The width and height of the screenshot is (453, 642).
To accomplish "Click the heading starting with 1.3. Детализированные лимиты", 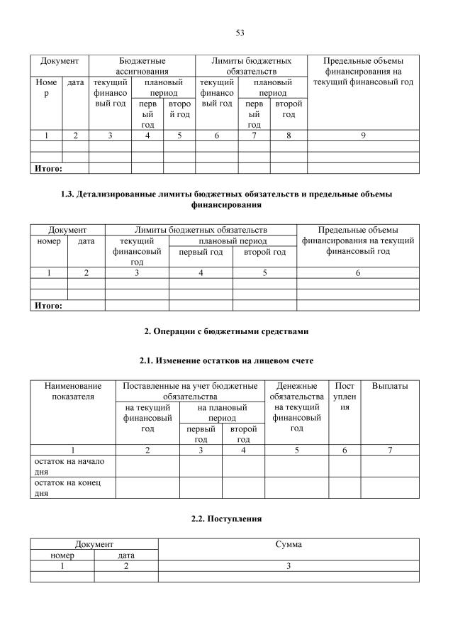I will point(227,199).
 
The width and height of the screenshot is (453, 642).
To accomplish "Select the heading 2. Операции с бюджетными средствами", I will point(227,331).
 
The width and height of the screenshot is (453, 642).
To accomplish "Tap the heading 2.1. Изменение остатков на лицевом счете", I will point(227,361).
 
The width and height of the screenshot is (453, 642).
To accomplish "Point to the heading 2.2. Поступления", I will point(227,519).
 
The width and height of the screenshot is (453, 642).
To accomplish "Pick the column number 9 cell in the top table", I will point(363,135).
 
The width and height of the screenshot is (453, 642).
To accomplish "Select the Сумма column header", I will point(289,544).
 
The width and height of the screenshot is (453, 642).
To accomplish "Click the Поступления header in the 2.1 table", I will point(345,398).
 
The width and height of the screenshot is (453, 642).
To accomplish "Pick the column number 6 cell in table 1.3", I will point(358,272).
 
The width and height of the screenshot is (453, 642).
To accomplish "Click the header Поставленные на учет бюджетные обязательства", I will point(190,391).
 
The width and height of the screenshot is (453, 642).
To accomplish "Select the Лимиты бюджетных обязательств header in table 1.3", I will point(201,230).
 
